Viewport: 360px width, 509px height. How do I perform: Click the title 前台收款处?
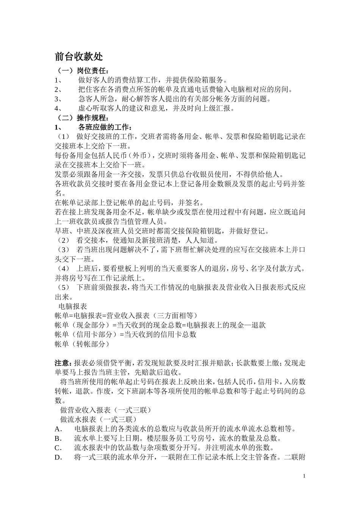(x=79, y=57)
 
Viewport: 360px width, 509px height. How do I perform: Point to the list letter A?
(x=58, y=429)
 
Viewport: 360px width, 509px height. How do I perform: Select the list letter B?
(x=58, y=439)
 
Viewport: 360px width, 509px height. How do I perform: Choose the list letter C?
(x=58, y=448)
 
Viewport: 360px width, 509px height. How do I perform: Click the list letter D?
(x=58, y=457)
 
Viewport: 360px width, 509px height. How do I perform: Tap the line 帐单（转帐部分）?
(x=82, y=344)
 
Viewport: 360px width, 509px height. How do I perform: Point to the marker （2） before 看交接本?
(x=62, y=240)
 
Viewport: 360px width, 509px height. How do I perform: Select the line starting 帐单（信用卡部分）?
(x=125, y=334)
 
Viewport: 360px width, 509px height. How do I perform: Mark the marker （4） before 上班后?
(x=62, y=269)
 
